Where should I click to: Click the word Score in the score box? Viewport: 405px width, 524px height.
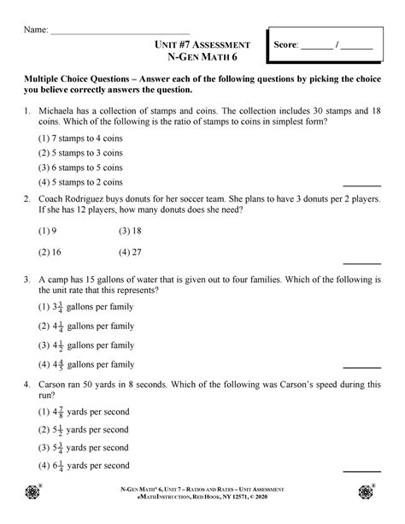[x=285, y=46]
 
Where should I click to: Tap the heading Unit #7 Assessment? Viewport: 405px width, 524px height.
[x=202, y=44]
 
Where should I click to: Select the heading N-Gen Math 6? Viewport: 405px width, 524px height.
[x=202, y=58]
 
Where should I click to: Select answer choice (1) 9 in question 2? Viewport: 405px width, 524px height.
[x=47, y=231]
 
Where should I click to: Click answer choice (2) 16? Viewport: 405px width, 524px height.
[x=49, y=253]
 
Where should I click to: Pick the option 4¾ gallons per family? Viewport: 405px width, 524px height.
[x=85, y=365]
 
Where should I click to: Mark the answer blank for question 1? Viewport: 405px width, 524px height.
[x=361, y=185]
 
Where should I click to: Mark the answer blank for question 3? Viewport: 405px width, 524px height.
[x=361, y=368]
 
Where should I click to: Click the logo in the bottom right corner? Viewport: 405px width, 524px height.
[x=368, y=493]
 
